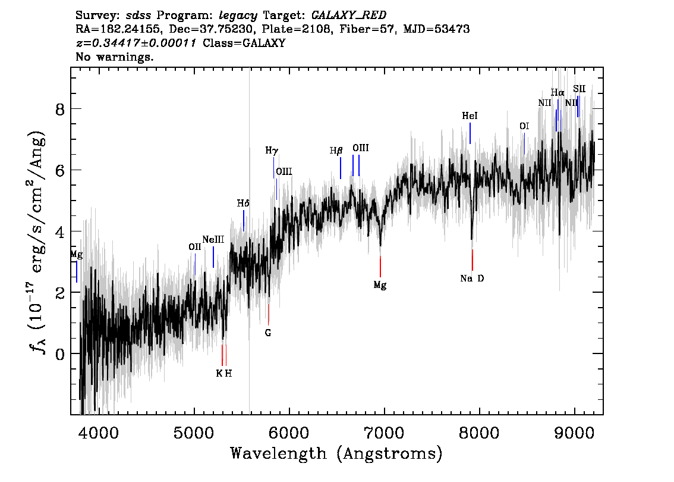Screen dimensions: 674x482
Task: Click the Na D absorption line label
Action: click(472, 278)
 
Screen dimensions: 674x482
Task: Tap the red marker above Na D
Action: click(473, 259)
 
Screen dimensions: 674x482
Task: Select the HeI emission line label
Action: click(470, 116)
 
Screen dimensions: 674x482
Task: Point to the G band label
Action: click(268, 333)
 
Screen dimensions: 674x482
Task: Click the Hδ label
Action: click(243, 203)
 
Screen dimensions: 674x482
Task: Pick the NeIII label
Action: click(213, 239)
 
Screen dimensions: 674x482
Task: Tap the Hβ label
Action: click(336, 151)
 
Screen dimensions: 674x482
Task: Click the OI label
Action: click(524, 126)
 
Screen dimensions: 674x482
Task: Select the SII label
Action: click(579, 89)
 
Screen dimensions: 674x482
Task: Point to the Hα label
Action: click(558, 92)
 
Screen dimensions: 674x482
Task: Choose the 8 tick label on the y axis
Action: click(60, 109)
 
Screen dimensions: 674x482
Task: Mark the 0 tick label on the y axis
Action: click(60, 353)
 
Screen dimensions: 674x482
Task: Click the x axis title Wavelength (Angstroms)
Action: click(336, 453)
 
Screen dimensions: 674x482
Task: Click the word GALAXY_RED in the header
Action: click(349, 15)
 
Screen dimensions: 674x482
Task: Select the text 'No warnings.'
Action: click(114, 57)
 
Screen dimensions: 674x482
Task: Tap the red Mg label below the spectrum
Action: click(380, 285)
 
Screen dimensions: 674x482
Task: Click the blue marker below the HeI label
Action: click(470, 133)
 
